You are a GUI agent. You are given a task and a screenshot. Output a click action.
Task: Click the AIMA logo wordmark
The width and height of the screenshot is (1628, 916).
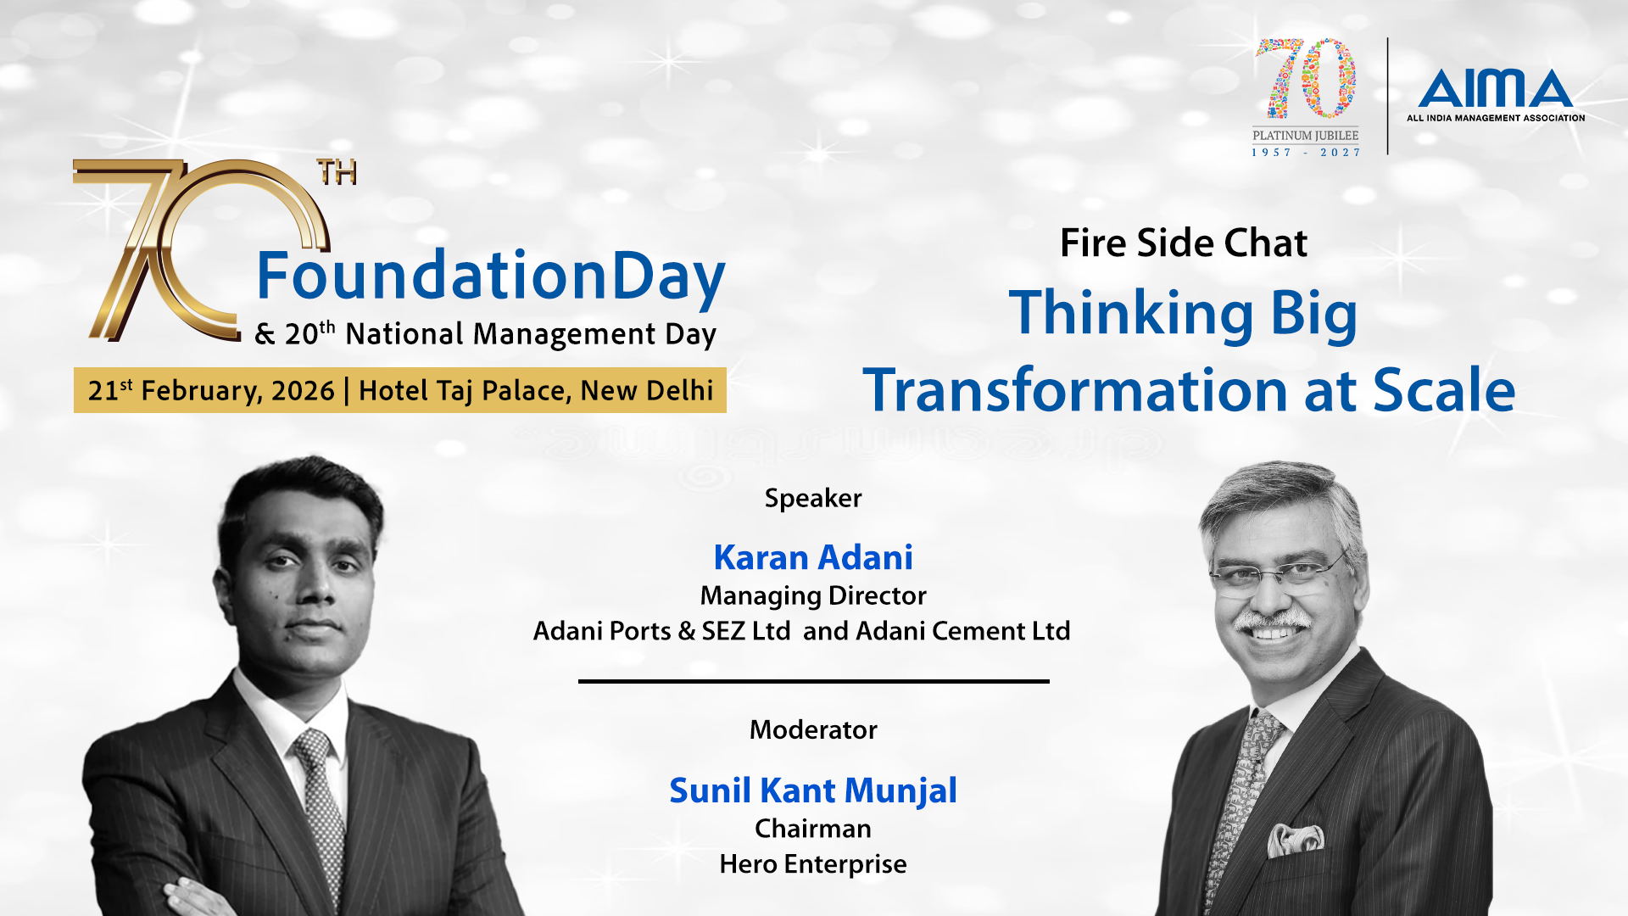tap(1496, 88)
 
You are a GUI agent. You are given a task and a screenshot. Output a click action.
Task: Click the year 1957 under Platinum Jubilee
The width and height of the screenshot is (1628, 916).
tap(1272, 153)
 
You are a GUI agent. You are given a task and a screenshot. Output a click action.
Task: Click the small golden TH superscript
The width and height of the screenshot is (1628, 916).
tap(337, 172)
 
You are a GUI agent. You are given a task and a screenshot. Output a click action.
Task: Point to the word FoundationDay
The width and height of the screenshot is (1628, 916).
tap(491, 277)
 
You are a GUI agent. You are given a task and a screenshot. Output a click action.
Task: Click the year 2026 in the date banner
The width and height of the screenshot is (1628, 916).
tap(303, 391)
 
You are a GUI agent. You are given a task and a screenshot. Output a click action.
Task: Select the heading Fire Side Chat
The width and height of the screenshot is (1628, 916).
tap(1184, 243)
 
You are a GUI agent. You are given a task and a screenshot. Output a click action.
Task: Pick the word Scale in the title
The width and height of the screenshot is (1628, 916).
tap(1444, 390)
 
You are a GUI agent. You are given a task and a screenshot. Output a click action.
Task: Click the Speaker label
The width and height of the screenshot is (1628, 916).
tap(813, 499)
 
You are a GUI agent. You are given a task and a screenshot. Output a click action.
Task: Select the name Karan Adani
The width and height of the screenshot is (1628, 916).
tap(813, 557)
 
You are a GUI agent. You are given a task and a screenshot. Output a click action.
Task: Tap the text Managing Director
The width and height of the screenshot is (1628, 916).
tap(813, 596)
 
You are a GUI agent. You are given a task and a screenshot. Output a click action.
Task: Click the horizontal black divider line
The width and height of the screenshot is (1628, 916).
tap(814, 681)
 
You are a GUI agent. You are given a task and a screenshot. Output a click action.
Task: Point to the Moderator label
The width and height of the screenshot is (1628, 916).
tap(813, 729)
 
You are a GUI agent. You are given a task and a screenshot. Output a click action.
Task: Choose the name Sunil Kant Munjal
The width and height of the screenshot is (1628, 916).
tap(813, 791)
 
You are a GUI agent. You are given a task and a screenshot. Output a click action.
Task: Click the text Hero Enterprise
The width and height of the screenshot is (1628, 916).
tap(813, 864)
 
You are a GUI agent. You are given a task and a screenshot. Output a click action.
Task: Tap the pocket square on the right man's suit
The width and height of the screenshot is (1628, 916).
tap(1296, 839)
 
